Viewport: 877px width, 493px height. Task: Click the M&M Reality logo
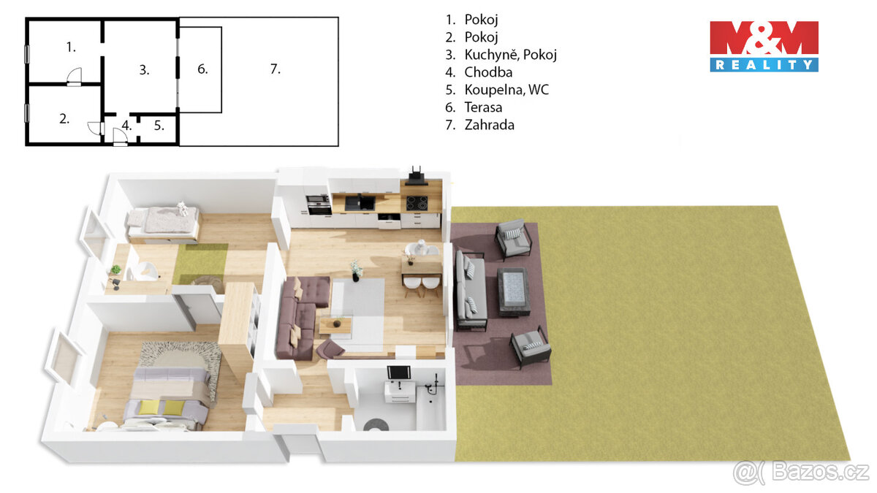pyautogui.click(x=764, y=46)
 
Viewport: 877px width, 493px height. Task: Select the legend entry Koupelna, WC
pyautogui.click(x=497, y=90)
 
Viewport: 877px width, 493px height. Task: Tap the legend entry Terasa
pyautogui.click(x=482, y=107)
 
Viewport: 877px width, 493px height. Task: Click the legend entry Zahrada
pyautogui.click(x=488, y=125)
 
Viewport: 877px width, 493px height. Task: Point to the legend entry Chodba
pyautogui.click(x=487, y=72)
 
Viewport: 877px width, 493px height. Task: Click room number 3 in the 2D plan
pyautogui.click(x=144, y=70)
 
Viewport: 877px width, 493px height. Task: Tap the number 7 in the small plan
pyautogui.click(x=275, y=69)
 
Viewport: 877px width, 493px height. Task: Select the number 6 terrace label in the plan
pyautogui.click(x=202, y=69)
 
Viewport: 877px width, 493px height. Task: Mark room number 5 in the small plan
pyautogui.click(x=159, y=125)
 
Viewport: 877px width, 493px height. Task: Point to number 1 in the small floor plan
pyautogui.click(x=71, y=47)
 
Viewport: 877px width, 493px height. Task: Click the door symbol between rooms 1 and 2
pyautogui.click(x=73, y=77)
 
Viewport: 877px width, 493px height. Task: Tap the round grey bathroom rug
pyautogui.click(x=378, y=424)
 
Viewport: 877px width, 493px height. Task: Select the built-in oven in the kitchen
pyautogui.click(x=318, y=202)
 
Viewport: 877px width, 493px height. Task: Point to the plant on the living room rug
pyautogui.click(x=356, y=270)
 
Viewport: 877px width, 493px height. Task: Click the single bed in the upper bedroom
pyautogui.click(x=163, y=223)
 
